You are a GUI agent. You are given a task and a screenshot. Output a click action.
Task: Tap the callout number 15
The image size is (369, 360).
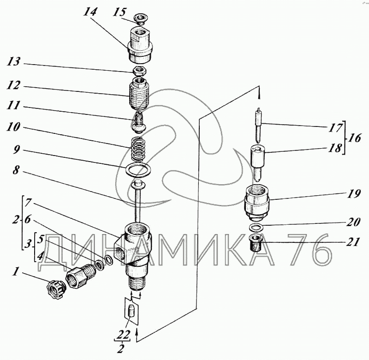120,12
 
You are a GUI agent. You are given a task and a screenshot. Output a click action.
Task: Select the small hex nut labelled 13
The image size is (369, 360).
140,71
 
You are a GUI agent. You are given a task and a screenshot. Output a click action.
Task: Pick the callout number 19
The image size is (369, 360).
353,194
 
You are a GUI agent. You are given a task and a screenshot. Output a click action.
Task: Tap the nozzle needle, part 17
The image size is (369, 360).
259,125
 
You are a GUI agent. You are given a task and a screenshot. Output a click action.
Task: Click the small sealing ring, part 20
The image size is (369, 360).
256,227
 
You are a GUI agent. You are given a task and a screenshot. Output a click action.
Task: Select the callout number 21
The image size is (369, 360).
352,242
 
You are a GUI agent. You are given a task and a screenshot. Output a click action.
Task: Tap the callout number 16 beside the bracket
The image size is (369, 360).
354,138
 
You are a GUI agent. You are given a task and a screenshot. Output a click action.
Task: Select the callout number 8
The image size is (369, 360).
16,170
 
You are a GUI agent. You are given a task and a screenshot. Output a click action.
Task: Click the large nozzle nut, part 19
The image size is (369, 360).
256,203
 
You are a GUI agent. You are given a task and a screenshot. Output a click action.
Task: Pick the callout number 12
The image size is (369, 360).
13,85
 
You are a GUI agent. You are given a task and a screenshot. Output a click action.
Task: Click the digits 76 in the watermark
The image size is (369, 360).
311,250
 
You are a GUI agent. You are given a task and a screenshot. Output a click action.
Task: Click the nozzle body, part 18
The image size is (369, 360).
258,162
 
